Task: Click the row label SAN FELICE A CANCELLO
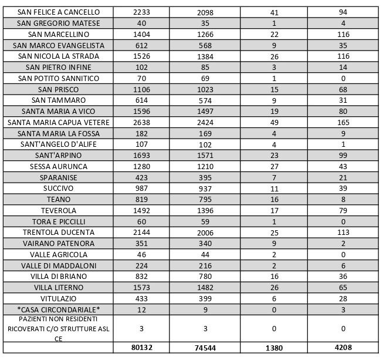click(x=59, y=12)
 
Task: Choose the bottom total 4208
click(x=343, y=347)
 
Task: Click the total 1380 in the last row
click(x=274, y=348)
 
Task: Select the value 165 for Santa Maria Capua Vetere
click(x=343, y=123)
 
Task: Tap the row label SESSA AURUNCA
click(x=59, y=167)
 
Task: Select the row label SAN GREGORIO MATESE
click(x=59, y=23)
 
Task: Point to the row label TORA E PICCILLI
click(x=59, y=222)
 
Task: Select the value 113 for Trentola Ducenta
click(x=343, y=233)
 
